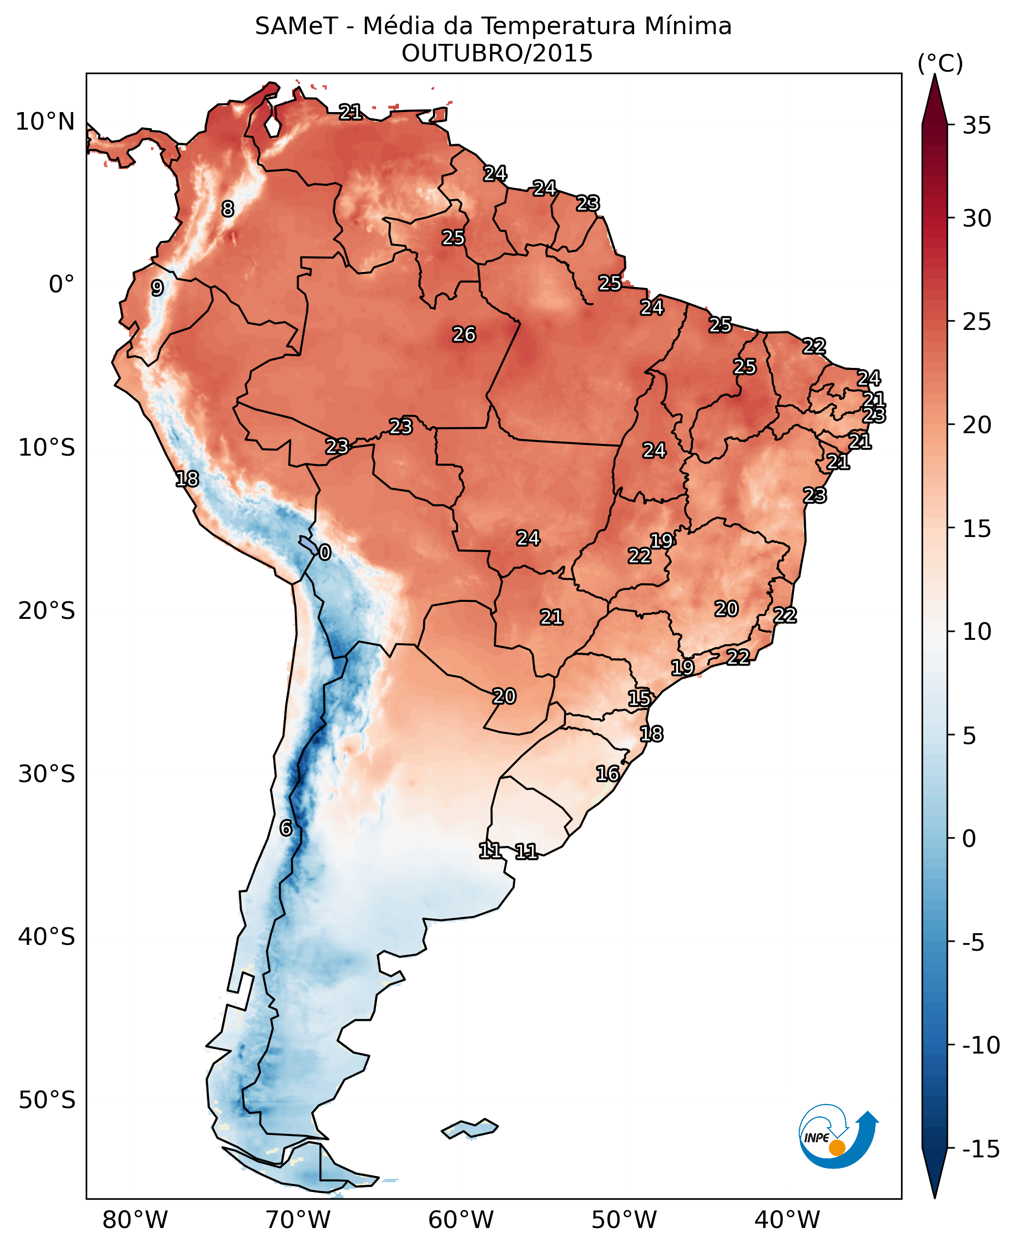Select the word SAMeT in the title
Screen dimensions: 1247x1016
tap(296, 26)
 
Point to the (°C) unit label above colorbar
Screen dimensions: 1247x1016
tap(940, 63)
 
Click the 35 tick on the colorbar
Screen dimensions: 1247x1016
tap(977, 125)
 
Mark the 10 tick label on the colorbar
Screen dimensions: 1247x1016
tap(977, 632)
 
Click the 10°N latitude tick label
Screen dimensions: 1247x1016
tap(45, 122)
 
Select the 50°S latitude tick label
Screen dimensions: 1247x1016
tap(47, 1100)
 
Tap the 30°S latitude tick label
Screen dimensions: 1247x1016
tap(47, 774)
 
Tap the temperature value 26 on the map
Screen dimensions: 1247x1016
tap(464, 334)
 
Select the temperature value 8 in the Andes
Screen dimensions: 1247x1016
tap(227, 209)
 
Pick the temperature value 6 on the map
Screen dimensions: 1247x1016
tap(285, 828)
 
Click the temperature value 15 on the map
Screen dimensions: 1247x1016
tap(639, 698)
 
